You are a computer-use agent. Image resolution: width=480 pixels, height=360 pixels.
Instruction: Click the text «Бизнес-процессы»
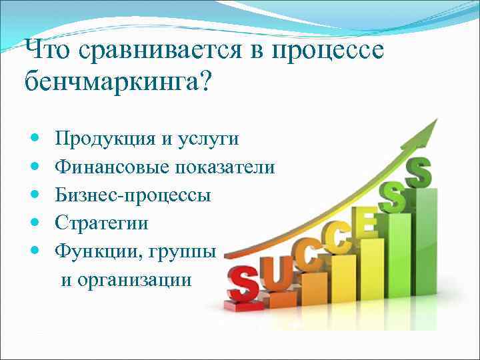(133, 195)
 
